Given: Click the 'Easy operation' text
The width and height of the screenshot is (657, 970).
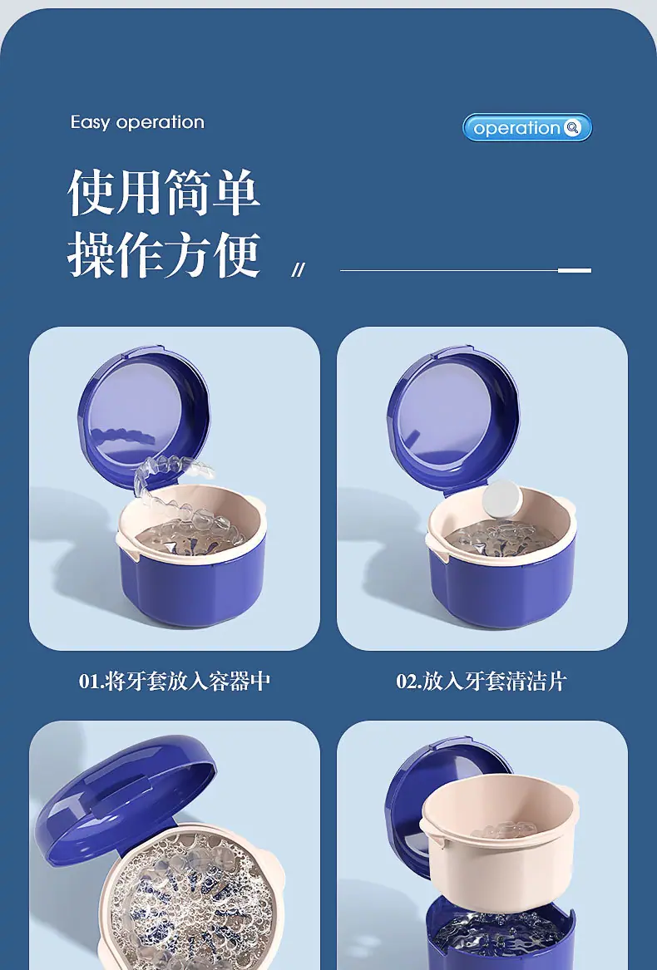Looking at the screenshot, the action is tap(137, 122).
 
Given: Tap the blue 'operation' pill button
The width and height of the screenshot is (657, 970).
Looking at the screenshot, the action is tap(527, 127).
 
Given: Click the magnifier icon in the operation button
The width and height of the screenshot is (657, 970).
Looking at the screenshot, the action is tap(572, 127).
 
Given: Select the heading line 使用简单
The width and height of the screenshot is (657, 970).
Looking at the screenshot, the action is tap(164, 192).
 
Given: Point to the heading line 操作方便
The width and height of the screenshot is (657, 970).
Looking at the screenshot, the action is tap(164, 254).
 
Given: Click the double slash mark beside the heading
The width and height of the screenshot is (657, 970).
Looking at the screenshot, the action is tap(298, 270).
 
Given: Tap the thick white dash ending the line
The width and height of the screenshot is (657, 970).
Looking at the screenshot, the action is tap(575, 270).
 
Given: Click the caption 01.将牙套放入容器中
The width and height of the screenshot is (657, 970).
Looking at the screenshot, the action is tap(175, 681).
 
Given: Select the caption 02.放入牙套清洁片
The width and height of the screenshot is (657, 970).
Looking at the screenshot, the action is tap(482, 681).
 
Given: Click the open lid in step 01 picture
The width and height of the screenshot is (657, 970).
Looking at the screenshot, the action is tap(144, 411).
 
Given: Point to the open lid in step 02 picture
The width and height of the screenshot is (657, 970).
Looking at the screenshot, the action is tap(453, 411).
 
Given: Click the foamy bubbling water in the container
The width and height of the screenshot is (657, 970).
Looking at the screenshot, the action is tap(185, 896).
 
